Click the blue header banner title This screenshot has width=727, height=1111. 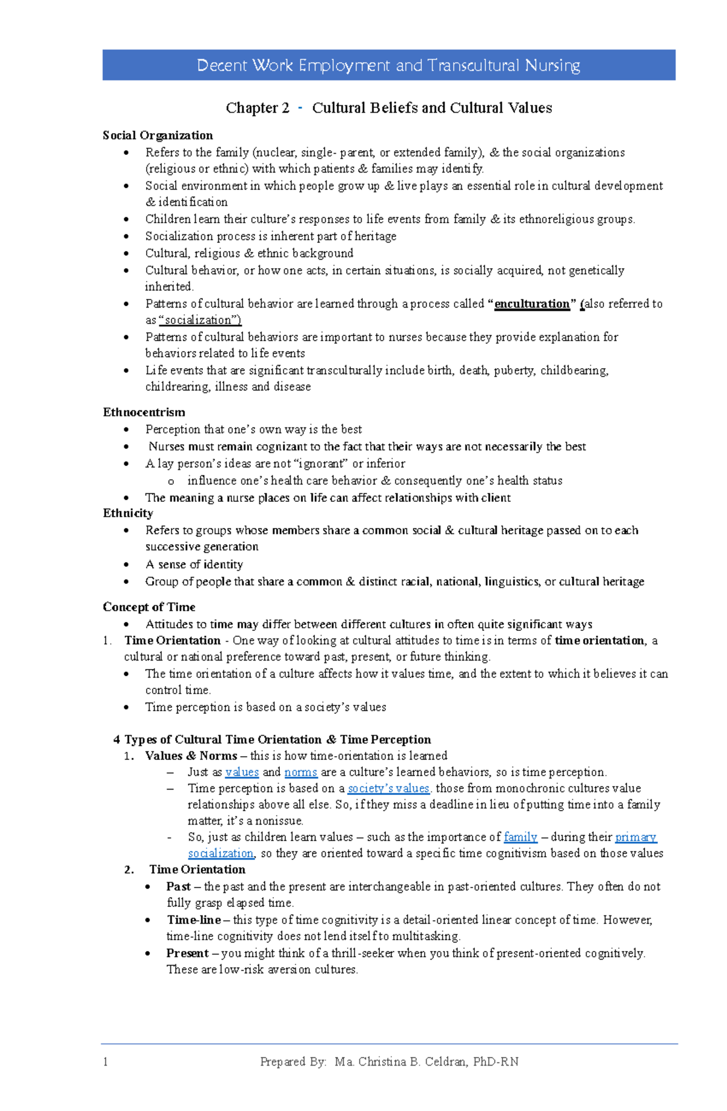pyautogui.click(x=388, y=65)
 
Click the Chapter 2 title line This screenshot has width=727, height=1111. pyautogui.click(x=388, y=108)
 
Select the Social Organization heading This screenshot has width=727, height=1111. pyautogui.click(x=158, y=136)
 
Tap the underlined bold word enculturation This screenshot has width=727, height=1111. pyautogui.click(x=532, y=304)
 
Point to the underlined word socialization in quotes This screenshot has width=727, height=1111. pyautogui.click(x=199, y=320)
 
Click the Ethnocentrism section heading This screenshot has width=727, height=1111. pyautogui.click(x=144, y=412)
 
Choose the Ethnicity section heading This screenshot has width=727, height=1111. pyautogui.click(x=128, y=513)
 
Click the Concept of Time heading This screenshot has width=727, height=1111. pyautogui.click(x=149, y=607)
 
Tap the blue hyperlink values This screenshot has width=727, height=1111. pyautogui.click(x=242, y=773)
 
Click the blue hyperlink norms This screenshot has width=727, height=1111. pyautogui.click(x=300, y=773)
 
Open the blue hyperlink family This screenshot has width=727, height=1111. pyautogui.click(x=520, y=837)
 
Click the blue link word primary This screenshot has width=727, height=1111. pyautogui.click(x=636, y=837)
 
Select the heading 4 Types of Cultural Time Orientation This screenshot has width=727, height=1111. pyautogui.click(x=272, y=740)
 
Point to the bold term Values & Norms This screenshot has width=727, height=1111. pyautogui.click(x=191, y=756)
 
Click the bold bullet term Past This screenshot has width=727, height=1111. pyautogui.click(x=179, y=887)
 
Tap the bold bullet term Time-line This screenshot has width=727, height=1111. pyautogui.click(x=194, y=920)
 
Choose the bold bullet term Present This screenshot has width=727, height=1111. pyautogui.click(x=187, y=954)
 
